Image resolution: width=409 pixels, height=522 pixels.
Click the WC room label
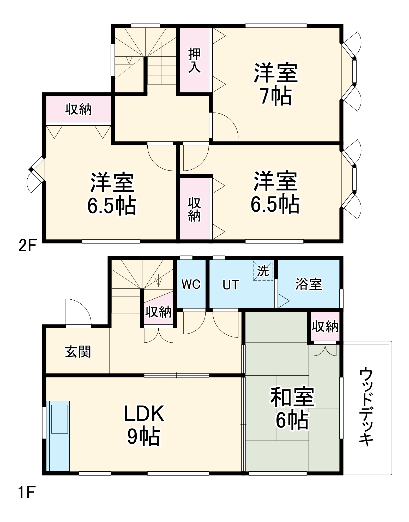(x=191, y=284)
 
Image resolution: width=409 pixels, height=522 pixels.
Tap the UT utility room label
(x=231, y=285)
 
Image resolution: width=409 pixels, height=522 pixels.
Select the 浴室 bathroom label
(x=309, y=284)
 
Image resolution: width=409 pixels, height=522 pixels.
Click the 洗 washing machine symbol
(x=263, y=271)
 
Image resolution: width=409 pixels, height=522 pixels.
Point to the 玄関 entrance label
(x=78, y=352)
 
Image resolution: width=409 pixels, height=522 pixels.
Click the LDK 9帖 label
(x=144, y=425)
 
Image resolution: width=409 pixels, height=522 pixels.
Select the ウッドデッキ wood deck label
(x=366, y=408)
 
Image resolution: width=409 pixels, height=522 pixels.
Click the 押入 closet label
(x=194, y=60)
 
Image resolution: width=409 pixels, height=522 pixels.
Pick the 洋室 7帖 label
(x=276, y=84)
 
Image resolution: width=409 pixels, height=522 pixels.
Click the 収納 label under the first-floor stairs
(x=159, y=312)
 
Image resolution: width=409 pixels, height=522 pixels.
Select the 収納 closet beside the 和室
(x=325, y=327)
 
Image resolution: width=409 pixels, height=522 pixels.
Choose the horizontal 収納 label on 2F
(x=79, y=109)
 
